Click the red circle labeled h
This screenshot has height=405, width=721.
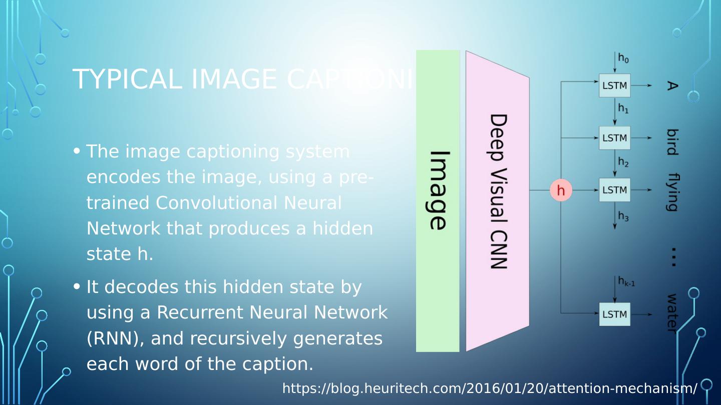pyautogui.click(x=561, y=190)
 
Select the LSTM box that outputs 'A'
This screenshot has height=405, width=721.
pyautogui.click(x=614, y=85)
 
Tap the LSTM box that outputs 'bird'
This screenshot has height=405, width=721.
pyautogui.click(x=614, y=138)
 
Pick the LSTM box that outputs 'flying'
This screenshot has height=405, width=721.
pyautogui.click(x=614, y=190)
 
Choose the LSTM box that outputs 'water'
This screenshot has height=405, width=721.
pyautogui.click(x=614, y=314)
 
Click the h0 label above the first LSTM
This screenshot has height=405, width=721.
pyautogui.click(x=623, y=58)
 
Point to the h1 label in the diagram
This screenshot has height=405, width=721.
pyautogui.click(x=623, y=108)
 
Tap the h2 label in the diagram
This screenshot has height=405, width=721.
pyautogui.click(x=623, y=162)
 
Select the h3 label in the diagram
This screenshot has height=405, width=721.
pyautogui.click(x=623, y=216)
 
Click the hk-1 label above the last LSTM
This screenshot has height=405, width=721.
pyautogui.click(x=626, y=281)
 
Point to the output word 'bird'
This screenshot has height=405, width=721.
pyautogui.click(x=672, y=142)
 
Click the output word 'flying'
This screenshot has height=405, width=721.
pyautogui.click(x=672, y=192)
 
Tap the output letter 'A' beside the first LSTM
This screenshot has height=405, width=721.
pyautogui.click(x=672, y=86)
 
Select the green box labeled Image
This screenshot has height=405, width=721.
pyautogui.click(x=438, y=200)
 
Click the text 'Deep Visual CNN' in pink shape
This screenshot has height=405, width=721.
pyautogui.click(x=498, y=191)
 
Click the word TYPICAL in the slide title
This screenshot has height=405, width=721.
pyautogui.click(x=127, y=79)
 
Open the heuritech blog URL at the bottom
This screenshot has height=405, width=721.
pyautogui.click(x=490, y=388)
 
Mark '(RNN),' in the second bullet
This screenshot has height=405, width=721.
pyautogui.click(x=116, y=338)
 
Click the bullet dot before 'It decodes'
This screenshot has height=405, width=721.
pyautogui.click(x=77, y=286)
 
